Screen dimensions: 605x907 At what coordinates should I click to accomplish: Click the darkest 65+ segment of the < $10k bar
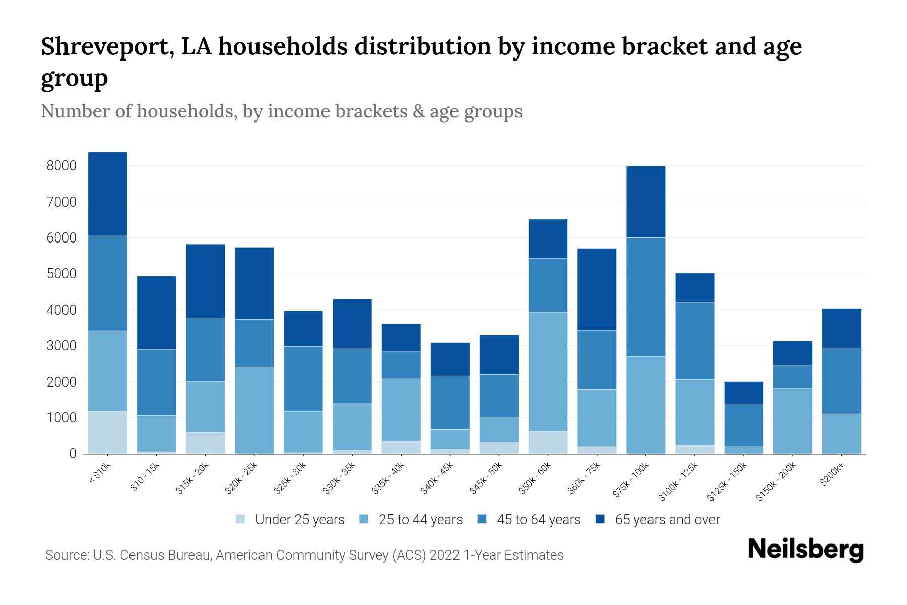107,194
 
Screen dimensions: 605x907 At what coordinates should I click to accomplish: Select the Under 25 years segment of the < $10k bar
107,433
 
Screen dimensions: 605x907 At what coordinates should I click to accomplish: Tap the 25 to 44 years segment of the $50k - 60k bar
548,371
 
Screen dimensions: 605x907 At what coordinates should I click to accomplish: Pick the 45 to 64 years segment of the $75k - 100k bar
645,297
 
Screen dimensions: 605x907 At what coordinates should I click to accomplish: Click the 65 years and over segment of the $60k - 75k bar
597,289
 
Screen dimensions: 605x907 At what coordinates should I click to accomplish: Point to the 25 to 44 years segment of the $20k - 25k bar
254,410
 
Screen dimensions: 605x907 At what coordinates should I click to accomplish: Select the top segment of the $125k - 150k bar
744,393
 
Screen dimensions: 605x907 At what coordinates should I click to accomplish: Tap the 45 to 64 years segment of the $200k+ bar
841,381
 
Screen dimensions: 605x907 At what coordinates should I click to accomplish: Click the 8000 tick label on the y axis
61,166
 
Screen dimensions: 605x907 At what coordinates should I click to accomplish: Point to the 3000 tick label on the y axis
61,346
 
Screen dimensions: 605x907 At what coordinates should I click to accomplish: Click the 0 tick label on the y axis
73,454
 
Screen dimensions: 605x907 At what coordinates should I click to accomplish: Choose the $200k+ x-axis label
832,474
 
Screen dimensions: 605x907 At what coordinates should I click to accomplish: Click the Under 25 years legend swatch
240,519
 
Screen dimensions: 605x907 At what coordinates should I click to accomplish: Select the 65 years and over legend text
667,520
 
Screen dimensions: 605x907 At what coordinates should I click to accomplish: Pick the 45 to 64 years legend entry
529,520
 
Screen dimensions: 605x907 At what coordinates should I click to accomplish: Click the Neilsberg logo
805,550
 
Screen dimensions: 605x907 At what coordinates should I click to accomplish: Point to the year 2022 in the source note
444,555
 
